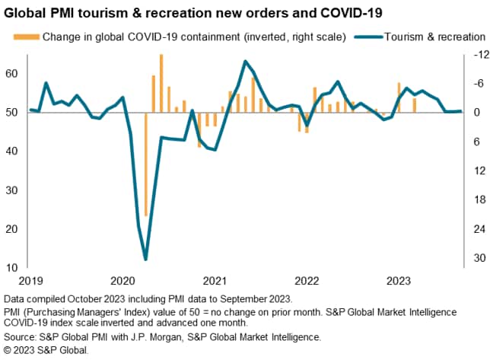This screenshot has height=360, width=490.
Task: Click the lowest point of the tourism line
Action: click(x=145, y=260)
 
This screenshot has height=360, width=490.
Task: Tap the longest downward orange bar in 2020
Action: click(x=145, y=164)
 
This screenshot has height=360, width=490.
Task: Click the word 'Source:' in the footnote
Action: click(x=22, y=336)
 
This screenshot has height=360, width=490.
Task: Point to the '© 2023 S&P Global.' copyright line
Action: click(x=46, y=350)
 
